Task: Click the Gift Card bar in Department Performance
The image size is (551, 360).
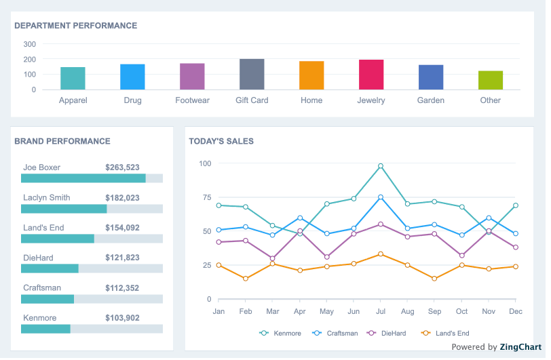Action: point(252,75)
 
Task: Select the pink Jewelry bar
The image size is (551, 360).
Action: point(371,75)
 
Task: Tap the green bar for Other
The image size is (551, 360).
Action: point(491,80)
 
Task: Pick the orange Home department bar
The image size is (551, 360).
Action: point(311,75)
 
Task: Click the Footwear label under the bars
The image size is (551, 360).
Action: point(192,100)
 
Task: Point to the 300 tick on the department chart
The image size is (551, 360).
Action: point(30,44)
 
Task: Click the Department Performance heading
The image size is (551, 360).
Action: point(75,26)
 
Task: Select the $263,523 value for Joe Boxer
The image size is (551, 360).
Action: point(122,167)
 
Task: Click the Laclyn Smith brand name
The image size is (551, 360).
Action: point(46,198)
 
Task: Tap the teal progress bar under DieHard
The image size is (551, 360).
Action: point(50,268)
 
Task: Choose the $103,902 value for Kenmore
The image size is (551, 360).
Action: point(122,318)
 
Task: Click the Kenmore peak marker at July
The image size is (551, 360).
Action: point(381,166)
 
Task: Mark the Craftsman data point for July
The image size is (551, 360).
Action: point(381,197)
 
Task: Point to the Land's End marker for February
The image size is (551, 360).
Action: point(246,279)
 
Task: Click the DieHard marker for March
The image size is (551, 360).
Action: point(273,258)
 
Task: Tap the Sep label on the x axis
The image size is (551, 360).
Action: point(435,312)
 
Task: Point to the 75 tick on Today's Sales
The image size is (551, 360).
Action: point(205,197)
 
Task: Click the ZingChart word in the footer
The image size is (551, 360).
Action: point(520,347)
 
